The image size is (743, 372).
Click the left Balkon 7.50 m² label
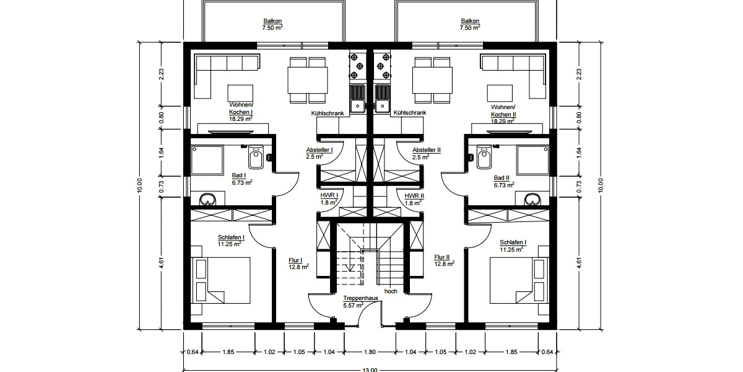pyautogui.click(x=272, y=24)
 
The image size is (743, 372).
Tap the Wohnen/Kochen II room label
pyautogui.click(x=503, y=112)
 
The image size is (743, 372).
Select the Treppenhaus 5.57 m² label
pyautogui.click(x=360, y=302)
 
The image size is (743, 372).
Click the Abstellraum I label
pyautogui.click(x=319, y=153)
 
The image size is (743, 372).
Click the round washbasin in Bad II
pyautogui.click(x=531, y=200)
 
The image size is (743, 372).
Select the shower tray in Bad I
pyautogui.click(x=207, y=160)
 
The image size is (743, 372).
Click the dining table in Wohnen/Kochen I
pyautogui.click(x=308, y=79)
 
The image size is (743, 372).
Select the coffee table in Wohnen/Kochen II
pyautogui.click(x=502, y=92)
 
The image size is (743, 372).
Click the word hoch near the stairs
pyautogui.click(x=390, y=291)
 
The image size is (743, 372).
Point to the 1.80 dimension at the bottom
pyautogui.click(x=369, y=352)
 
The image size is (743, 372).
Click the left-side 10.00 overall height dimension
pyautogui.click(x=141, y=185)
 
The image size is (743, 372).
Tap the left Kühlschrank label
pyautogui.click(x=327, y=113)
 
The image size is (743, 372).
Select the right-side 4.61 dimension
pyautogui.click(x=579, y=262)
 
